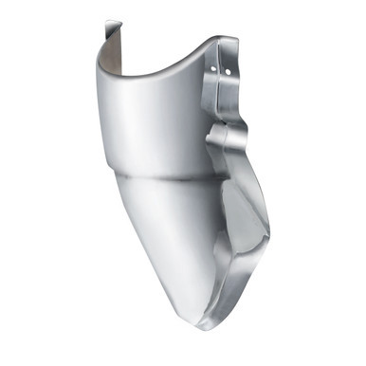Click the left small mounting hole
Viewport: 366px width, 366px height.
pos(214,67)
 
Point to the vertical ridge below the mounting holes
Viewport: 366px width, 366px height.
pos(220,100)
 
